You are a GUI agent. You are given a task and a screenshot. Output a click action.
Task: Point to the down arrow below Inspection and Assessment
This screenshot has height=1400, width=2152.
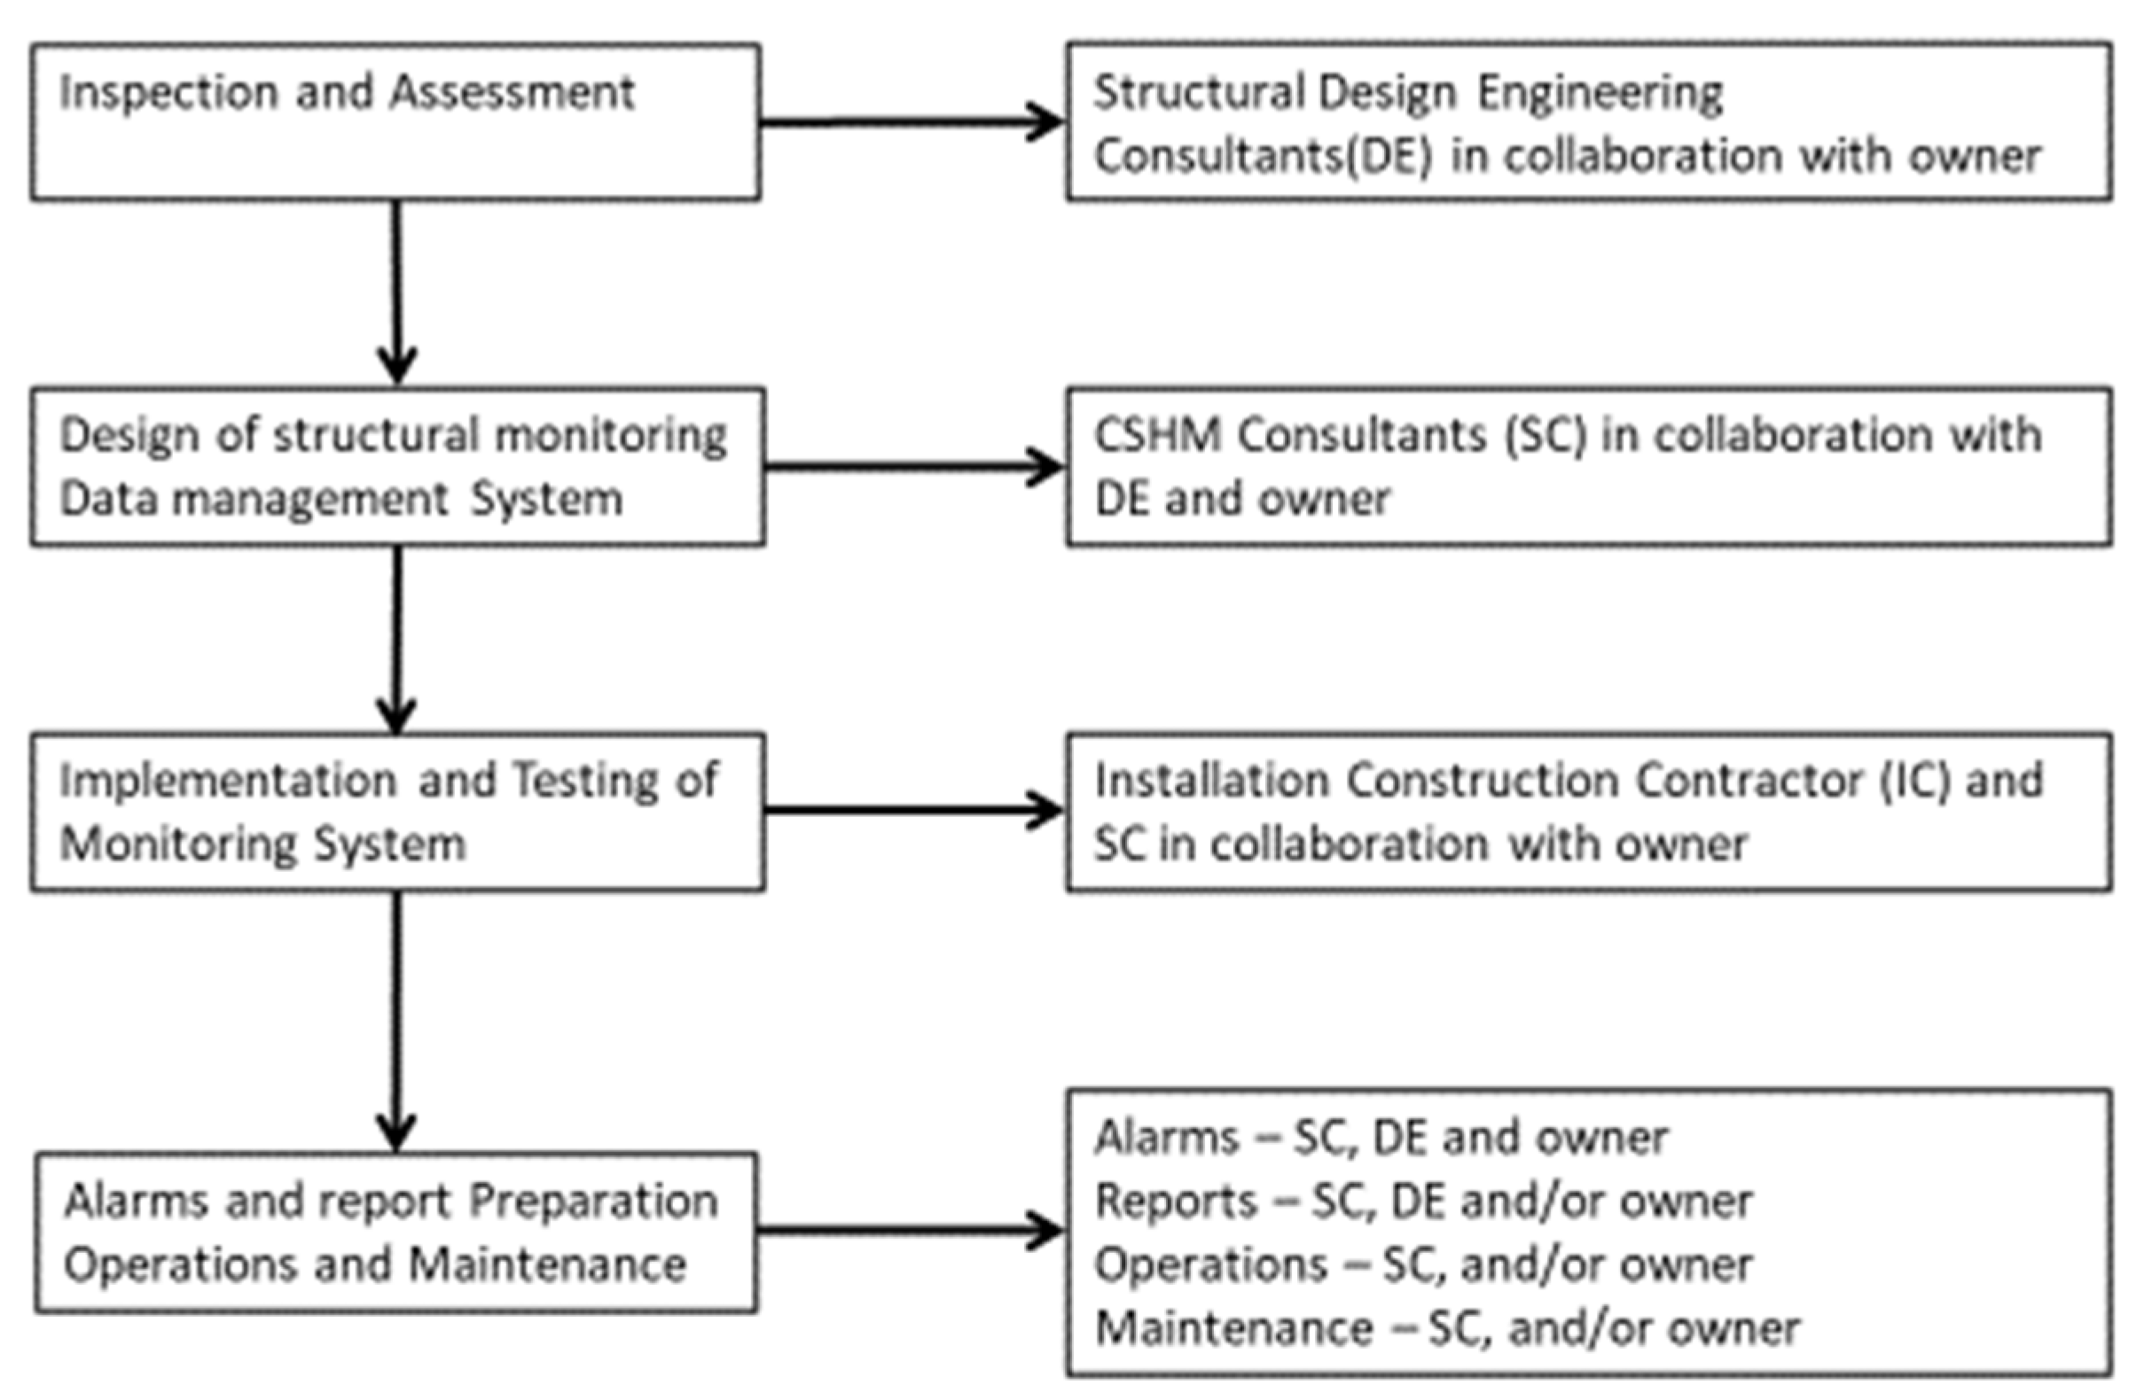coord(396,289)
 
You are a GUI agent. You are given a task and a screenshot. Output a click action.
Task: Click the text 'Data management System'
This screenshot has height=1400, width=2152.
coord(340,499)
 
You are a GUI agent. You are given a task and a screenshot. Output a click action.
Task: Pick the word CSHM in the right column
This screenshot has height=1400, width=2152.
coord(1156,436)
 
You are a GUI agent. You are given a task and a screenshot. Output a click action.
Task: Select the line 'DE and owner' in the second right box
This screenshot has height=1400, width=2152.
coord(1241,499)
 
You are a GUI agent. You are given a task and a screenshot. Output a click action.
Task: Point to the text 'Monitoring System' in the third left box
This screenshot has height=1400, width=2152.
coord(262,844)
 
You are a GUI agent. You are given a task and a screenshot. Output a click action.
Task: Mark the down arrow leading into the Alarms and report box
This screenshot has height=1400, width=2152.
coord(396,1022)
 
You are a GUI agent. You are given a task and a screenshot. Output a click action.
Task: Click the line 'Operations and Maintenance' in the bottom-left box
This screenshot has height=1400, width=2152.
coord(374,1265)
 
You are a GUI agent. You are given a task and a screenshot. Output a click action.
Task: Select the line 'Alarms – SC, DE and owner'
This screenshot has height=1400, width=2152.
coord(1381,1138)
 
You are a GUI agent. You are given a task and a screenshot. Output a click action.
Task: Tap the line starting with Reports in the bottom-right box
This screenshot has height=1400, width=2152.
coord(1423,1202)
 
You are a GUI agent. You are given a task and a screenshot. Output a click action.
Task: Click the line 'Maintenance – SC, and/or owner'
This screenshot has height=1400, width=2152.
coord(1447,1328)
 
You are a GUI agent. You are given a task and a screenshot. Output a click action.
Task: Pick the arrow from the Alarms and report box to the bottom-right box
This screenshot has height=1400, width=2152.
coord(909,1230)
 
